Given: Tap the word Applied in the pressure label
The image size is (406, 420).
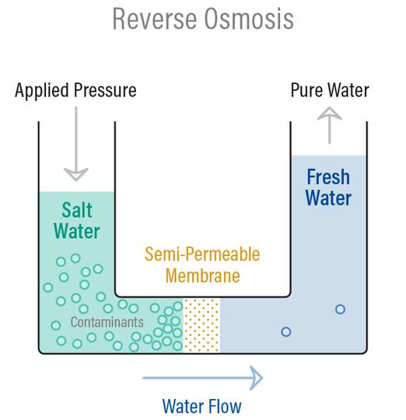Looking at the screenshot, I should point(44,90).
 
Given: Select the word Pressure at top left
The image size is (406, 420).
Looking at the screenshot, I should point(105,90).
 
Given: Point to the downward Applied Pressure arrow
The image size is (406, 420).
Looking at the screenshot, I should point(75,144).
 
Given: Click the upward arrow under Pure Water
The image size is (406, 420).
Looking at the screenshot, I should point(330,124).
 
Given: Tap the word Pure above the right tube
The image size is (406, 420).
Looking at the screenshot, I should point(306,90).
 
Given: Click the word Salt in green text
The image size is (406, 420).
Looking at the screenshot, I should point(78,209).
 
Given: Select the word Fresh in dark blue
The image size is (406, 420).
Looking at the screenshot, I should point(327,177).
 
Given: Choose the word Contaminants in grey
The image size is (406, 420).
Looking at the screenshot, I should point(107,321).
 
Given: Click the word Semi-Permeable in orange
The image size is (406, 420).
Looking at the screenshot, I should point(202,254).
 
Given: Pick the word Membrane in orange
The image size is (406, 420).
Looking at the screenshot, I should point(202,275).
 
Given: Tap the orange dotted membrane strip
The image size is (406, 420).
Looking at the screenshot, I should point(201,325).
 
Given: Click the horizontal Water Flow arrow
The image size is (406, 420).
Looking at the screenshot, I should point(202,379).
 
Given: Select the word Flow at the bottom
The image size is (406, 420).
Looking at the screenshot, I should point(224,406).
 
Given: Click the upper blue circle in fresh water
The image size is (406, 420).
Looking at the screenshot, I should point(340,309).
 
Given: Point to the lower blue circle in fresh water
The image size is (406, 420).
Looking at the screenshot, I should point(285,331).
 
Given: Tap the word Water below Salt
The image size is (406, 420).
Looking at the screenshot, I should point(78,231).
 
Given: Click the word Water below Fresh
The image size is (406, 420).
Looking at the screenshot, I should point(327,198).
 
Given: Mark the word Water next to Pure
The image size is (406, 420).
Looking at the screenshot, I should point(348,90).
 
